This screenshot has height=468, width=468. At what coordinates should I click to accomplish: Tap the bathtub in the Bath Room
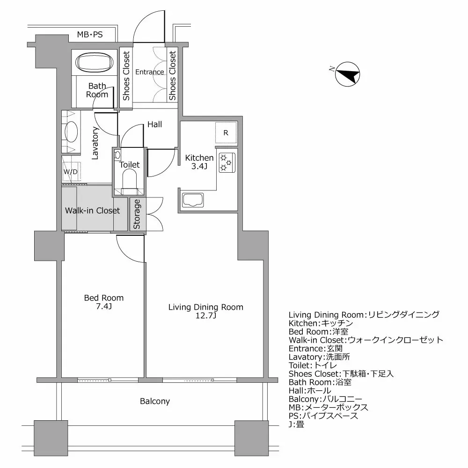pyautogui.click(x=95, y=63)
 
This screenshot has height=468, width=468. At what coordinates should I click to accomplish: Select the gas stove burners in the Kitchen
pyautogui.click(x=227, y=162)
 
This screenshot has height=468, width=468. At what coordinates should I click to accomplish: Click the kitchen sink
pyautogui.click(x=193, y=200)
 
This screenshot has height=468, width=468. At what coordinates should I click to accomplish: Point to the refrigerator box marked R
pyautogui.click(x=226, y=133)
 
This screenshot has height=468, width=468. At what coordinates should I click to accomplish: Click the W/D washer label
pyautogui.click(x=70, y=172)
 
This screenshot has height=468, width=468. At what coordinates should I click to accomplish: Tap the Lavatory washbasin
pyautogui.click(x=72, y=131)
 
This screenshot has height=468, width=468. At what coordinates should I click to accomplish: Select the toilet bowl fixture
pyautogui.click(x=129, y=180)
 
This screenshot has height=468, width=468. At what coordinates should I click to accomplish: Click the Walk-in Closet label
pyautogui.click(x=92, y=211)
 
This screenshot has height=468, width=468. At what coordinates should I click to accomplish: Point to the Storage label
pyautogui.click(x=137, y=214)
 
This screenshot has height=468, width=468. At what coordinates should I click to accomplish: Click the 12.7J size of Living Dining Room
pyautogui.click(x=206, y=316)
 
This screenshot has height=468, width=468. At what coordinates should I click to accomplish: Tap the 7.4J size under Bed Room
pyautogui.click(x=103, y=307)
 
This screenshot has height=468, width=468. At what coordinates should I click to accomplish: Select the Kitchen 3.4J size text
pyautogui.click(x=199, y=167)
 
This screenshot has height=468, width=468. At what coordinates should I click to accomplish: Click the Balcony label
pyautogui.click(x=155, y=402)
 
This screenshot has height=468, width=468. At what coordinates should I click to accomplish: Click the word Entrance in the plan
pyautogui.click(x=150, y=72)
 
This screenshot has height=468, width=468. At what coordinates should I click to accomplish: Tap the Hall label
pyautogui.click(x=154, y=124)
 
